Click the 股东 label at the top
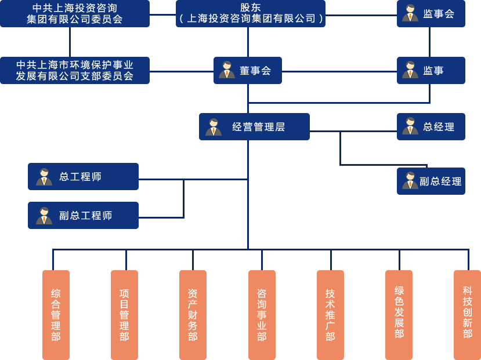tap(251, 8)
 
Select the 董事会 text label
tap(255, 71)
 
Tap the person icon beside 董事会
tap(227, 70)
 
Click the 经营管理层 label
tap(259, 127)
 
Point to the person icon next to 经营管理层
tap(214, 127)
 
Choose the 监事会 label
tap(439, 14)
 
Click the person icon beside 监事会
tap(410, 13)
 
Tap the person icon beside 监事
tap(410, 70)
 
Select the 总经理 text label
tap(439, 127)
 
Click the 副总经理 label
tap(441, 181)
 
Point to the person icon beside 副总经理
tap(410, 181)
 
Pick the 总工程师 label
tap(81, 177)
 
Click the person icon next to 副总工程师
tap(44, 216)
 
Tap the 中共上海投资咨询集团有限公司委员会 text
tap(75, 13)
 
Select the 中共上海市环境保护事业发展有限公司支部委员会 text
tap(75, 71)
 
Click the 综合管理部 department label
tap(56, 315)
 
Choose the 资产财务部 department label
tap(193, 315)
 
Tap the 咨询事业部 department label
tap(262, 315)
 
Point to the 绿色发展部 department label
tap(399, 312)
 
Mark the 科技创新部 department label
tap(468, 312)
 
